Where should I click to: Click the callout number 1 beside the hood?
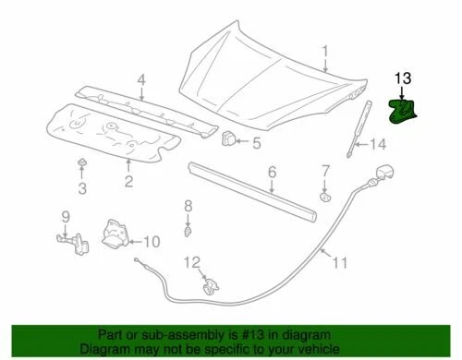(324, 49)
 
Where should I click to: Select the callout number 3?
(81, 189)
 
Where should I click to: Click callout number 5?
(257, 142)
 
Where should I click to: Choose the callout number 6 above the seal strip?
(273, 172)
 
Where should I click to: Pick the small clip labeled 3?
(81, 166)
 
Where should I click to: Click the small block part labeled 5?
(226, 139)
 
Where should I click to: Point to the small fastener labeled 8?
(187, 231)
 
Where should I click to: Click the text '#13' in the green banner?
(261, 335)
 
